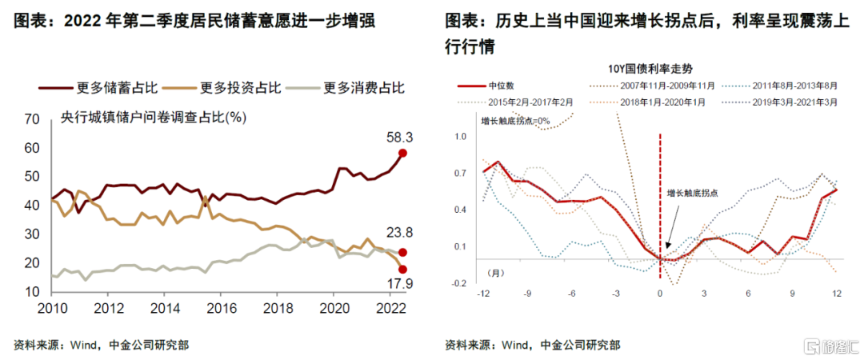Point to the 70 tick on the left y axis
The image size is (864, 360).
[32, 119]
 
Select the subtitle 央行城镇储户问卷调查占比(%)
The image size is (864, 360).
[153, 118]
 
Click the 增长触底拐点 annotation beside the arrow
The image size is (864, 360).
[692, 193]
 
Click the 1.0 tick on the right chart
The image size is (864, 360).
[460, 137]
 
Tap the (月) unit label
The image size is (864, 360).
[498, 273]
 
